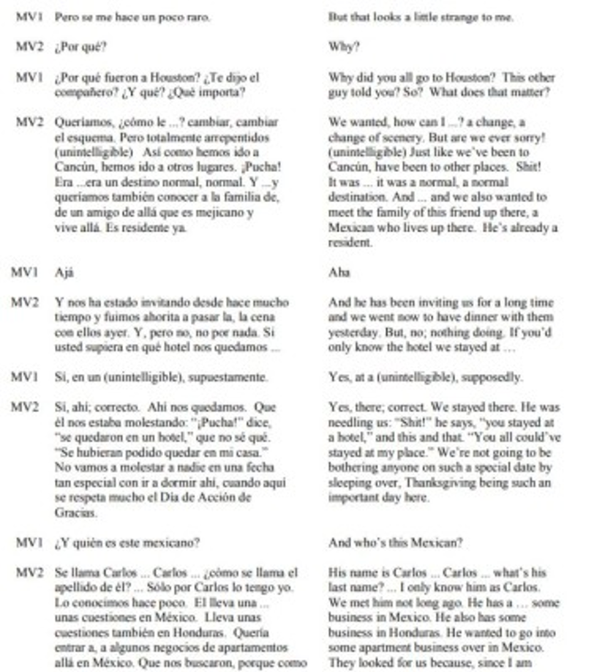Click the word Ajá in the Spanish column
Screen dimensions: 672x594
pyautogui.click(x=63, y=272)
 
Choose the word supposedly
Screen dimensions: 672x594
pyautogui.click(x=497, y=378)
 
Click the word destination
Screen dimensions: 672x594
pyautogui.click(x=355, y=200)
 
